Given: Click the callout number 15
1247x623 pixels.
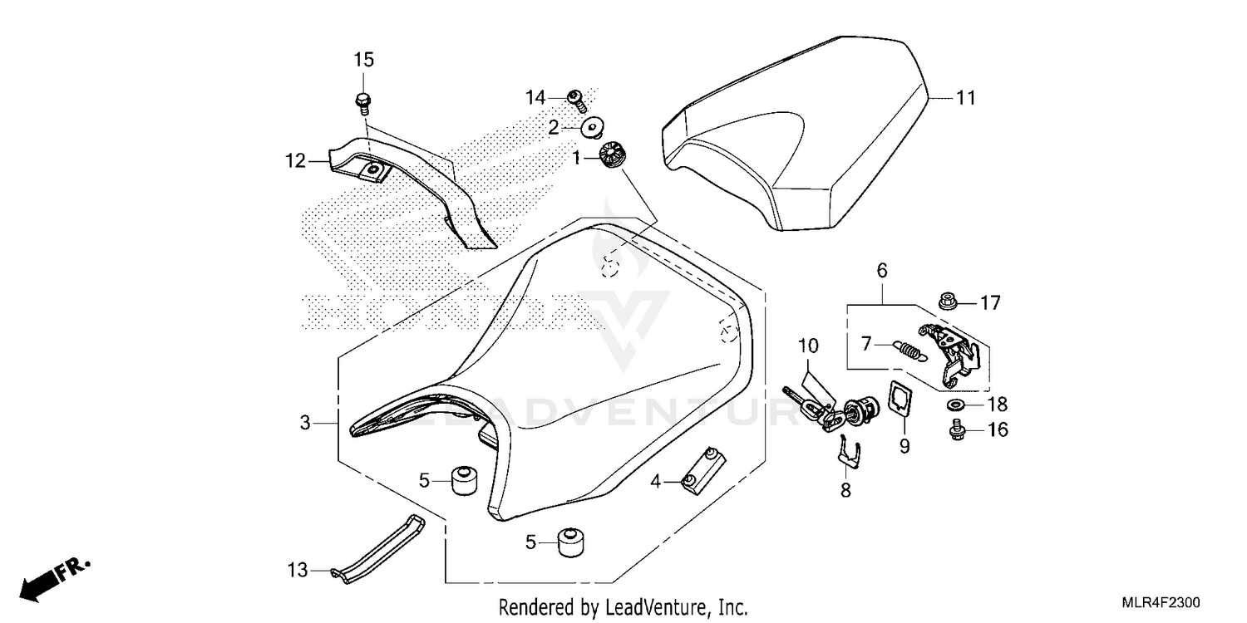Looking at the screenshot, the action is (x=364, y=60).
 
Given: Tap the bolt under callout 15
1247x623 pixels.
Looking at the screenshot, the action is (x=363, y=104).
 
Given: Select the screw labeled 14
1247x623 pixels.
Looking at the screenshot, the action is (x=577, y=101).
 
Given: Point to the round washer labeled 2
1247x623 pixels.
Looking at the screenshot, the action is (x=593, y=128).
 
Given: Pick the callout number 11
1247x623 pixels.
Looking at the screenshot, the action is (x=966, y=99).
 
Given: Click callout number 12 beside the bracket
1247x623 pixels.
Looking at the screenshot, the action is (x=296, y=161).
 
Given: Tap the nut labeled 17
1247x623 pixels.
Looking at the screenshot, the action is (x=948, y=301).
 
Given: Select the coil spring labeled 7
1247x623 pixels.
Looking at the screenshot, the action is (x=909, y=351).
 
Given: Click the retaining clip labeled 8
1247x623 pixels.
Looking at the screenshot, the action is (x=849, y=452).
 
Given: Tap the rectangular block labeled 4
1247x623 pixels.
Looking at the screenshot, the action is (x=703, y=471).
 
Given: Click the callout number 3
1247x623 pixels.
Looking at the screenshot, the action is (x=305, y=424).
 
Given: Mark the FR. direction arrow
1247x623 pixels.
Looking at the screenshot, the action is (x=54, y=579).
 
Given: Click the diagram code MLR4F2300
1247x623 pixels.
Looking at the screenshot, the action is (x=1161, y=603).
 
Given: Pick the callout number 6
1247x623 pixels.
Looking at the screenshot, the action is (x=882, y=271).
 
